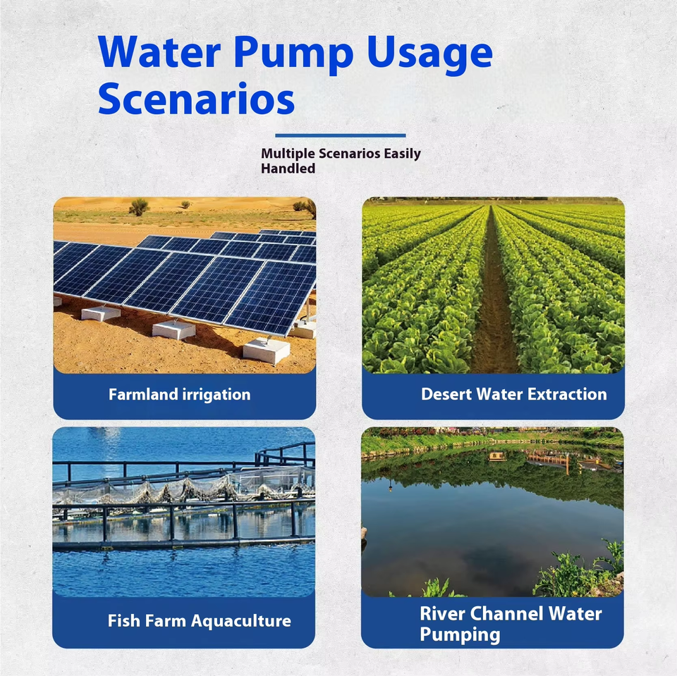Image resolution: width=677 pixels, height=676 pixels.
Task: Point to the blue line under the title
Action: [x=340, y=135]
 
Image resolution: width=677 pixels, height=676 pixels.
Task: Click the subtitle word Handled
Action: [x=288, y=169]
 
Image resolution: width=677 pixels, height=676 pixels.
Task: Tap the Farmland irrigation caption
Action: [x=179, y=395]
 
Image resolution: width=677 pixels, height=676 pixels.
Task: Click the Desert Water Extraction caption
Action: [x=513, y=395]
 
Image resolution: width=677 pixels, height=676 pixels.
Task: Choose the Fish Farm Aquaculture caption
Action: [x=199, y=621]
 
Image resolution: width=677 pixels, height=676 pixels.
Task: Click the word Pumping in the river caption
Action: [x=460, y=634]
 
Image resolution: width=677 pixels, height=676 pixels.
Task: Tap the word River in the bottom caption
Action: [x=443, y=613]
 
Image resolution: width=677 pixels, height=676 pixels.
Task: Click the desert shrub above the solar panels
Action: [x=139, y=207]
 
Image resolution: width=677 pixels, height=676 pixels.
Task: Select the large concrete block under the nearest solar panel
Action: [x=267, y=350]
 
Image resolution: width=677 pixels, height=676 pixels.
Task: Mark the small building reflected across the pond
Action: [x=496, y=457]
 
